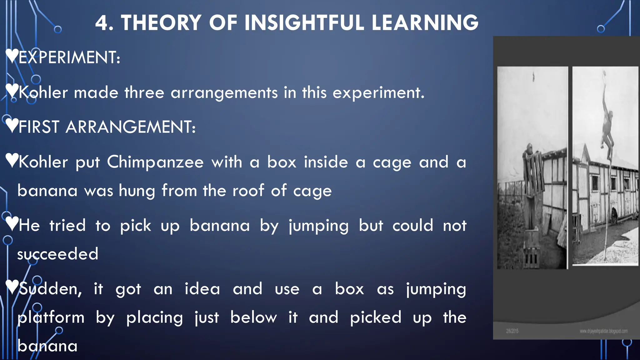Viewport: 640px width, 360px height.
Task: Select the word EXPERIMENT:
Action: [69, 57]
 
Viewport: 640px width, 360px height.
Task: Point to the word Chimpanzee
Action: [155, 162]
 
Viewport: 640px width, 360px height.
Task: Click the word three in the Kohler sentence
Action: [144, 93]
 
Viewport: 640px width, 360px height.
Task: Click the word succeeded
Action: [58, 254]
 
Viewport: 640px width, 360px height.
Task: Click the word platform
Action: [51, 317]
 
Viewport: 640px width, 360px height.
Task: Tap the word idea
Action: [202, 289]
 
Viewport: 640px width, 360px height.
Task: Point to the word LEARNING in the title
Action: [425, 23]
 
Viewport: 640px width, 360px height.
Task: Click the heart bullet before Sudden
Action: [12, 287]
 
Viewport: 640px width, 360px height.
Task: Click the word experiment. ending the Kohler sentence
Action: [378, 93]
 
